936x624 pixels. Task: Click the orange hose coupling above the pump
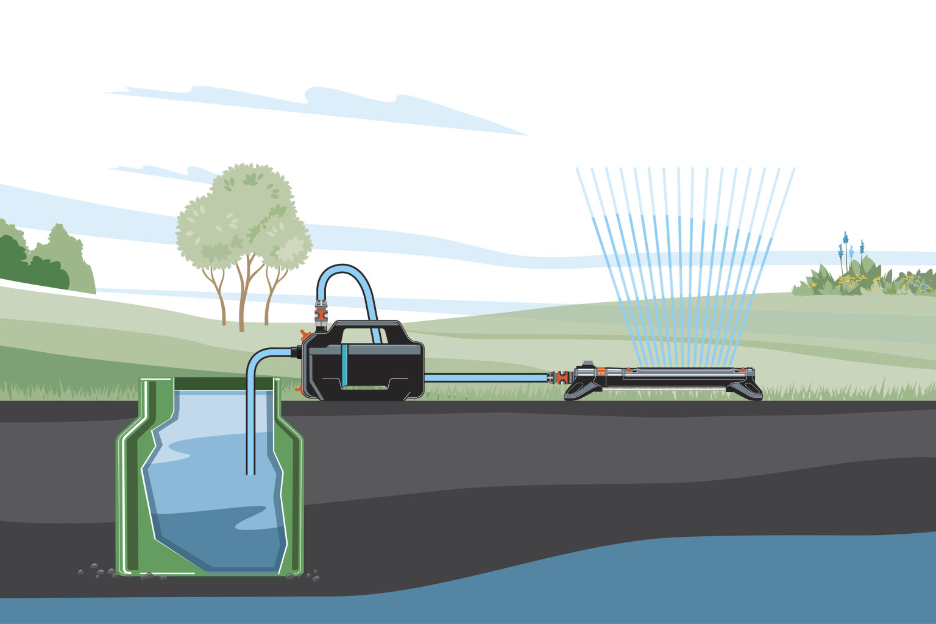(321, 315)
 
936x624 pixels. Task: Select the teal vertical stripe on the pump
(345, 366)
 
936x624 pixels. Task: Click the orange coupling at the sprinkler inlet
(558, 378)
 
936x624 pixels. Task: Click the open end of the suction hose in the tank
(250, 472)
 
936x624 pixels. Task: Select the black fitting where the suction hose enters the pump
(298, 352)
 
